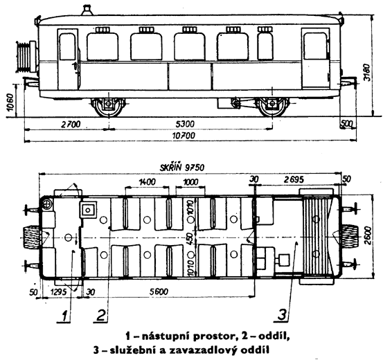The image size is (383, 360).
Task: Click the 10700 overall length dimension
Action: coord(184,136)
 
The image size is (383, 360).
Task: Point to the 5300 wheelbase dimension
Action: coord(185,124)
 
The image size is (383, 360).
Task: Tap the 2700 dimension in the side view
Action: coord(71,124)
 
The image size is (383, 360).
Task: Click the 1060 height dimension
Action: coord(11,102)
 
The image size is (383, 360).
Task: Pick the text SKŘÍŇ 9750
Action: coord(182,168)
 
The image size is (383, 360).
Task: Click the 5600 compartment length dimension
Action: coord(159,291)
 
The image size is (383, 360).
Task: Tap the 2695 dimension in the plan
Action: coord(294,180)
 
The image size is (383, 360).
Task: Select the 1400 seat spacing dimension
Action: coord(147,182)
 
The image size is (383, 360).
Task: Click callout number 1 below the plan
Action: coord(64,316)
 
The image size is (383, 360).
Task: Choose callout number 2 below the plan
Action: coord(101,315)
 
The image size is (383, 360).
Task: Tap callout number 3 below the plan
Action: coord(282,314)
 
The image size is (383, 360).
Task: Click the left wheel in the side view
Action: coord(109,107)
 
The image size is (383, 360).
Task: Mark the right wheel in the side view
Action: coord(272,107)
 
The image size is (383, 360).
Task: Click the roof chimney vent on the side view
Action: coord(86,10)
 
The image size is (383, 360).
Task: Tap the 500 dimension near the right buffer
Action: coord(347,124)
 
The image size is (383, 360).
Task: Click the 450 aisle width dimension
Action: coord(190,237)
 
